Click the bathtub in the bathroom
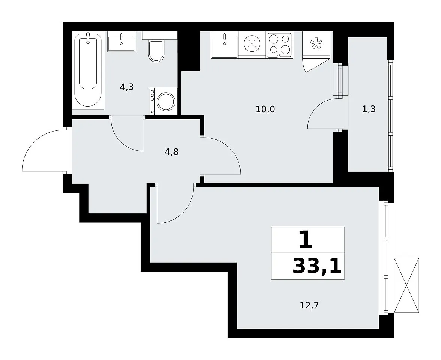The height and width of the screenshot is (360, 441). pyautogui.click(x=88, y=70)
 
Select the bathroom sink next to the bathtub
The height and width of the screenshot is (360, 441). pyautogui.click(x=122, y=42)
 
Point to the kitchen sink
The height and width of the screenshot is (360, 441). pyautogui.click(x=224, y=45)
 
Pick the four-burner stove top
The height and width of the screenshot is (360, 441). pyautogui.click(x=280, y=45)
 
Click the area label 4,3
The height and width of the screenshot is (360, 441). pyautogui.click(x=126, y=87)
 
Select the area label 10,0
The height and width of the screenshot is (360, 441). pyautogui.click(x=265, y=109)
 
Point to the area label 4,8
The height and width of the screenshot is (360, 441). pyautogui.click(x=172, y=152)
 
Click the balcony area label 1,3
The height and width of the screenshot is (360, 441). pyautogui.click(x=369, y=109)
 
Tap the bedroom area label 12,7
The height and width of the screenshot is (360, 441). pyautogui.click(x=309, y=305)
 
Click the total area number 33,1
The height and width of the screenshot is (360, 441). pyautogui.click(x=317, y=266)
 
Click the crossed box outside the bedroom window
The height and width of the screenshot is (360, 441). pyautogui.click(x=406, y=285)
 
